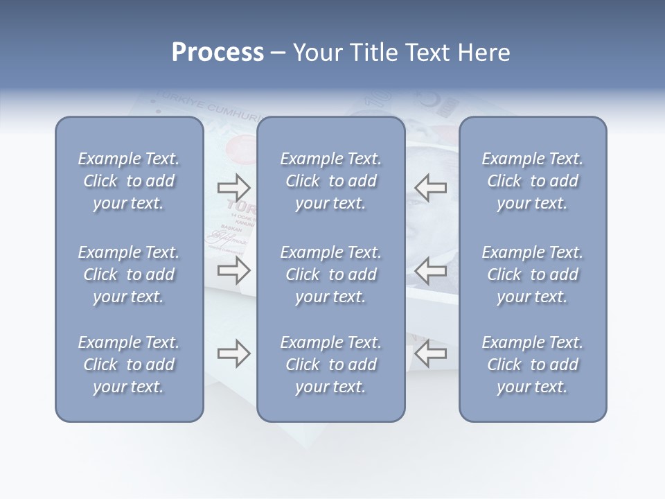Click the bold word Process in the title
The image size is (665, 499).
pyautogui.click(x=218, y=53)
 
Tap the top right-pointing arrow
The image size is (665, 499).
pyautogui.click(x=233, y=187)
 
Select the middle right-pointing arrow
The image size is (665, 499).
pyautogui.click(x=233, y=270)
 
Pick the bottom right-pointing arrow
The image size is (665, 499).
pyautogui.click(x=233, y=353)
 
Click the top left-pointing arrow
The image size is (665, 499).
pyautogui.click(x=430, y=187)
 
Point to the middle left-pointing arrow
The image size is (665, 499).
pyautogui.click(x=430, y=270)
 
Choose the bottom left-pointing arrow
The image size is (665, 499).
pyautogui.click(x=430, y=353)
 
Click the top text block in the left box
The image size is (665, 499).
pyautogui.click(x=129, y=181)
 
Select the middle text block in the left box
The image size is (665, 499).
pyautogui.click(x=129, y=274)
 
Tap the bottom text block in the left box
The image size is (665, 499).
pyautogui.click(x=129, y=365)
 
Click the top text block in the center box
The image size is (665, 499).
pyautogui.click(x=330, y=181)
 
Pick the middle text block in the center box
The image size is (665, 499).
pyautogui.click(x=330, y=274)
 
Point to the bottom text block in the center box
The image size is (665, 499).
pyautogui.click(x=330, y=365)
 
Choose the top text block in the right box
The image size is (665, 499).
pyautogui.click(x=532, y=181)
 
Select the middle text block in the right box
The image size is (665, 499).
pyautogui.click(x=532, y=274)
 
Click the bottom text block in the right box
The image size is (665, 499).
pyautogui.click(x=532, y=365)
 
